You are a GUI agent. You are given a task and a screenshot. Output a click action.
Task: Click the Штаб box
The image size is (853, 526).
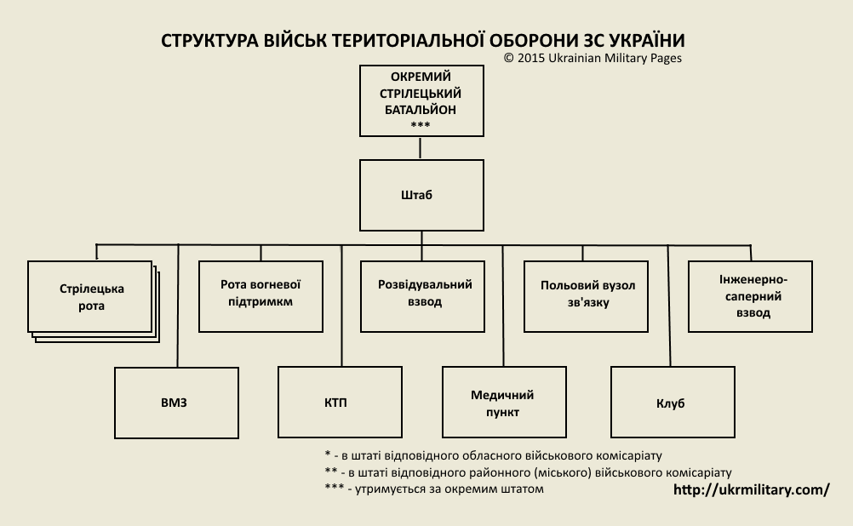click(x=421, y=196)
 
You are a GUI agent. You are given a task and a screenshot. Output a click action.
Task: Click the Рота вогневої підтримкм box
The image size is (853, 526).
click(x=260, y=294)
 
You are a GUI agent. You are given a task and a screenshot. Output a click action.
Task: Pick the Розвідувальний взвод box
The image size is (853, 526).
click(x=424, y=294)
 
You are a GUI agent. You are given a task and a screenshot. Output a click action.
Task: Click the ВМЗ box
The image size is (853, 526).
click(x=176, y=403)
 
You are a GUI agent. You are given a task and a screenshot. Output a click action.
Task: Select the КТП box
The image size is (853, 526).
click(x=340, y=403)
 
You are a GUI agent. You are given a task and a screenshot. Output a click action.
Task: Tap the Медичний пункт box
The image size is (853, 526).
click(x=503, y=403)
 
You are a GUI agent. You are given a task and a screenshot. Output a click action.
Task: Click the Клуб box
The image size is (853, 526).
click(x=671, y=403)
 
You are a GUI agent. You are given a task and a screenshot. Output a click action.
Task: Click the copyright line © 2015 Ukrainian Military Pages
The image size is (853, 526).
click(x=593, y=59)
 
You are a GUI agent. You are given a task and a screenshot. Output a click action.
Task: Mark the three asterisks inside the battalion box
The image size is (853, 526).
click(x=420, y=126)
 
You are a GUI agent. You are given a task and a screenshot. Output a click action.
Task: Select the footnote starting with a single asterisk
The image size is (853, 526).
click(x=494, y=455)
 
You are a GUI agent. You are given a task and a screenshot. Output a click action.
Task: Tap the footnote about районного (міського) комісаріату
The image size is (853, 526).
click(x=528, y=472)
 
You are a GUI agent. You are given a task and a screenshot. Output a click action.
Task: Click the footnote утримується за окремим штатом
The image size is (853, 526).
click(x=434, y=489)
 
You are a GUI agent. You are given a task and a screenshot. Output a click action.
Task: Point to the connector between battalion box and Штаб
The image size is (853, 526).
click(x=421, y=148)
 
